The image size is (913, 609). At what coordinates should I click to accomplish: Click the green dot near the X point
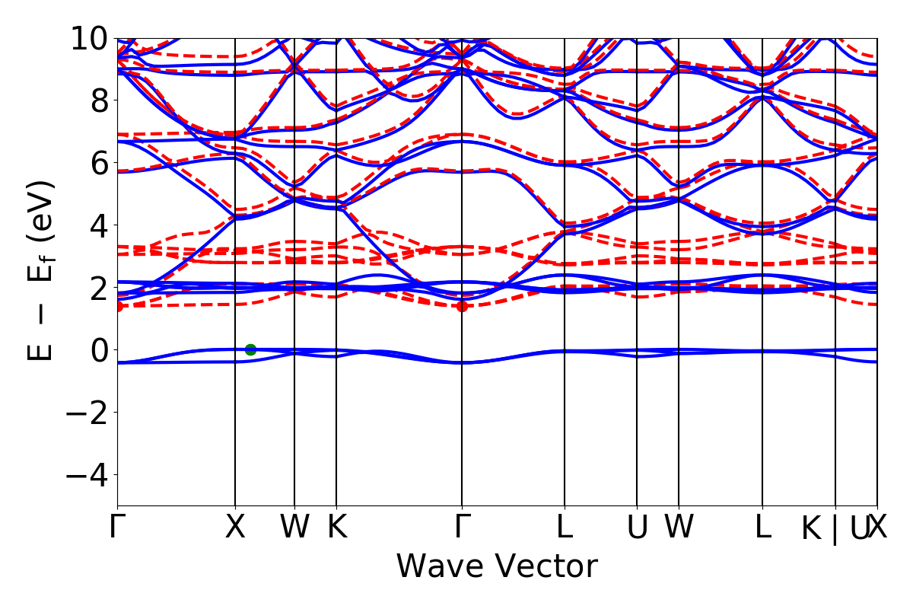pos(250,349)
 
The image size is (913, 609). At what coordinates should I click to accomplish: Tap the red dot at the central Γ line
pos(462,306)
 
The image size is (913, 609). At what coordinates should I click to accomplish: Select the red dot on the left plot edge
pos(118,306)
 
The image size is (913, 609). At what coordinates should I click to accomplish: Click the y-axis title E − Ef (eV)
pos(42,270)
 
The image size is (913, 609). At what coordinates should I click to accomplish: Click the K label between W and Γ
pos(336,527)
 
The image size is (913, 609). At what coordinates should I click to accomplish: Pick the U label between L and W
pos(637,527)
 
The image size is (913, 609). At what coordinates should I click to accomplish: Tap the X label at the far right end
pos(879,527)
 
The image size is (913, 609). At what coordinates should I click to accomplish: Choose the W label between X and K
pos(294,527)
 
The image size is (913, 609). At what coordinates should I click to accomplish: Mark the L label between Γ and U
pos(565,527)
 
